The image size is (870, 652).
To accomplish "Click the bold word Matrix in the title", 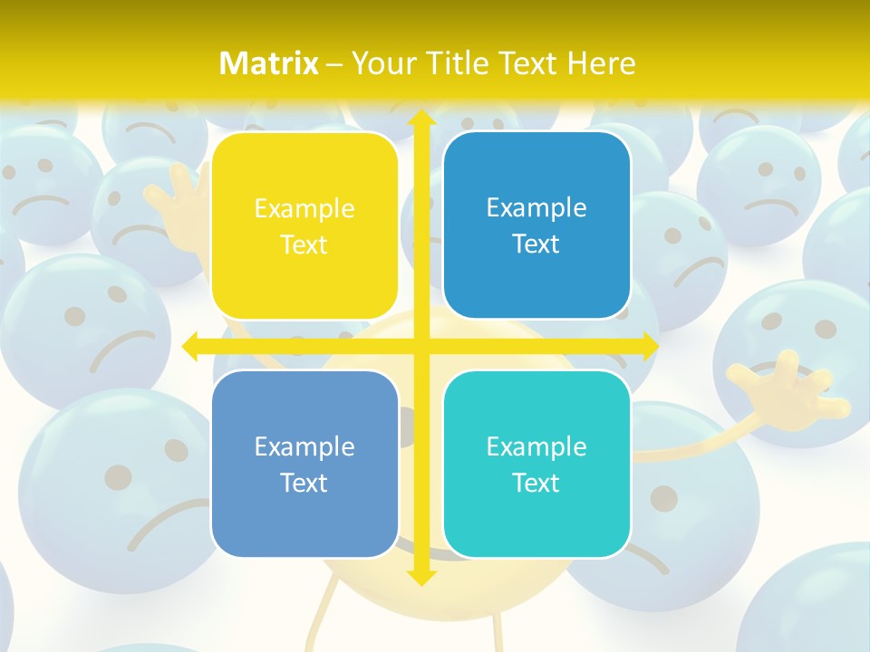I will click(269, 63).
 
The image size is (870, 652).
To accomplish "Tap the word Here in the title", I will click(601, 63).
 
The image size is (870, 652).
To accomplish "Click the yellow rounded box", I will click(304, 225).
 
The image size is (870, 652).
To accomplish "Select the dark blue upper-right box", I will click(536, 225).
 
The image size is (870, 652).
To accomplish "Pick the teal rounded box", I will click(536, 464).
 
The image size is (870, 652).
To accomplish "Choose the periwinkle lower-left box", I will click(304, 464).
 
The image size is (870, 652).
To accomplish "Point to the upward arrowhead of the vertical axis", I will click(420, 119).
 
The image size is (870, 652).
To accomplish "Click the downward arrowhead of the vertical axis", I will click(420, 577).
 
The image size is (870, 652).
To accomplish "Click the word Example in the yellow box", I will click(304, 209).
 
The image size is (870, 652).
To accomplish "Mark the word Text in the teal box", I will click(536, 483).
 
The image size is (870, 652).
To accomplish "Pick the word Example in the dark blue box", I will click(536, 208).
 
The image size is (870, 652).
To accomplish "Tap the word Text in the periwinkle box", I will click(304, 483).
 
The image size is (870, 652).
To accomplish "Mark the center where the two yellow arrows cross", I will click(420, 346).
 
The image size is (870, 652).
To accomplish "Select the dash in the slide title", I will click(334, 64).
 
